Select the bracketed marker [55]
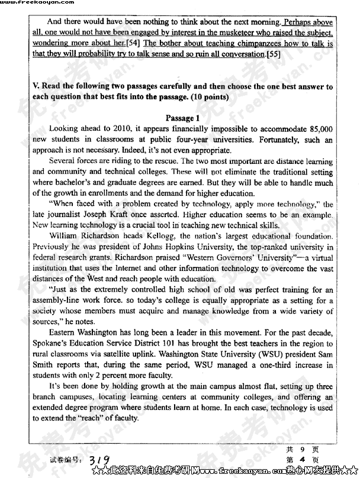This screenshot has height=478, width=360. coord(273,54)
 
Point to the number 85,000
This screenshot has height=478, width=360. coord(317,128)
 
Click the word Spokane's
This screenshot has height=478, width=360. coord(53,344)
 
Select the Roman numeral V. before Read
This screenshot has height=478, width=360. coord(36,86)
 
